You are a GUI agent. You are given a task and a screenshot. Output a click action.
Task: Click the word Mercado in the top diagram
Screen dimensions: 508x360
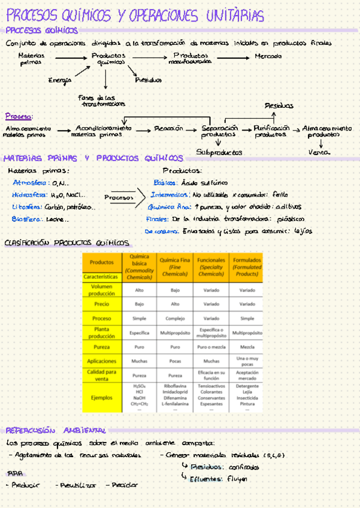pos(268,56)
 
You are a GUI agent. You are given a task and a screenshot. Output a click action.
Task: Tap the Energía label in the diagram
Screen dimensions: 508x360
pos(59,80)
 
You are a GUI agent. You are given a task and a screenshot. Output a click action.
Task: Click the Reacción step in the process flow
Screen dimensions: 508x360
pos(168,128)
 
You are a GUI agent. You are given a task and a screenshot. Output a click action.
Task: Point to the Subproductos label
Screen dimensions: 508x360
pos(219,152)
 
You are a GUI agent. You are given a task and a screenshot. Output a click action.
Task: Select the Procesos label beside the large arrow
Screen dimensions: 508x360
pos(118,196)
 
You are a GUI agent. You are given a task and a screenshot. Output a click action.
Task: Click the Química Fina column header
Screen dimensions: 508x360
pos(175,267)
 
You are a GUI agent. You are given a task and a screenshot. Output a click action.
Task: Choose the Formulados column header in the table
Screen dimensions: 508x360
pos(247,267)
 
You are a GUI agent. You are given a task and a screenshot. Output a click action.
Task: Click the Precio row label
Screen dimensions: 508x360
pos(101,304)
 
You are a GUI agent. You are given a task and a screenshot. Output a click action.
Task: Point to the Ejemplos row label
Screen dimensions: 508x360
pos(101,397)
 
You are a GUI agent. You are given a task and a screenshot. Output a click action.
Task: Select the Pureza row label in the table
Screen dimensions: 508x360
pos(101,347)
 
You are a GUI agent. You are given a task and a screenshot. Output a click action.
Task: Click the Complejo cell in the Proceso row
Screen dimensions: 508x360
pos(175,319)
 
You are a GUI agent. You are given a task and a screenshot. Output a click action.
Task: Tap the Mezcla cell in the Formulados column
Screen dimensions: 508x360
pos(247,347)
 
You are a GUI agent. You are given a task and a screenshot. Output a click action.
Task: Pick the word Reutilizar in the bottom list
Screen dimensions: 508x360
pos(75,485)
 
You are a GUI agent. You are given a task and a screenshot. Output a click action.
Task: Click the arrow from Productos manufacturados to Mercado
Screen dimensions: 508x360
pos(231,58)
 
